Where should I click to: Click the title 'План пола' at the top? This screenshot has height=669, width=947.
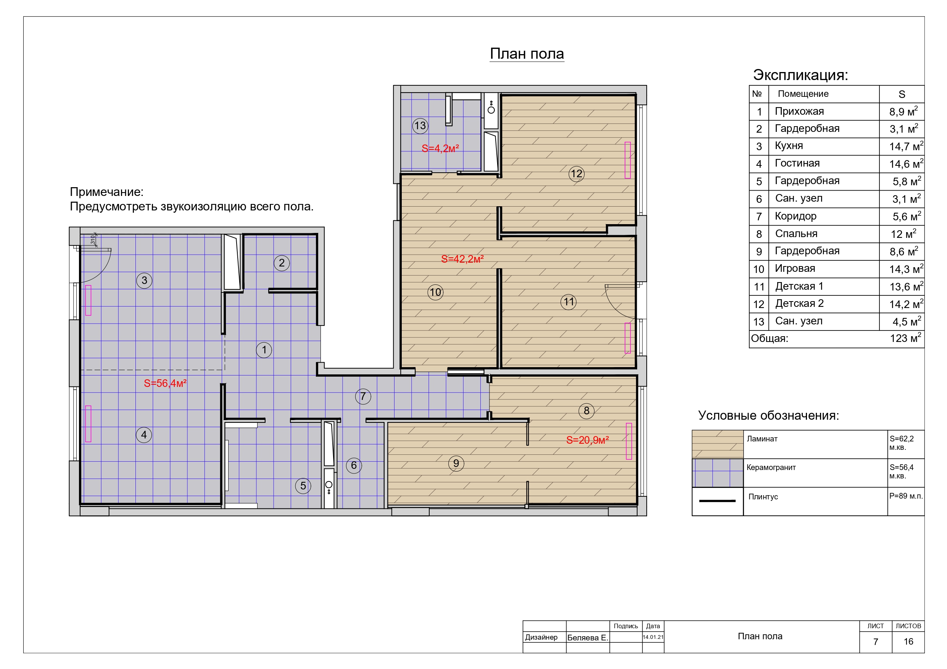(x=527, y=54)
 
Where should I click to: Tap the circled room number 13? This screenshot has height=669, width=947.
(x=420, y=126)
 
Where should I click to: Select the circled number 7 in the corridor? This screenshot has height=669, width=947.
(x=363, y=396)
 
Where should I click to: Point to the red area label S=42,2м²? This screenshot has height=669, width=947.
(x=462, y=259)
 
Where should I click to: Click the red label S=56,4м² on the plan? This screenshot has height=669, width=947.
(x=165, y=383)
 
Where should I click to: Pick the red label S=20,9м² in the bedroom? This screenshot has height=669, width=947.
(x=587, y=440)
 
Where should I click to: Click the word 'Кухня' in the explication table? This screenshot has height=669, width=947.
(x=789, y=146)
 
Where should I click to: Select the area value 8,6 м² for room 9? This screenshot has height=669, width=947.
(x=904, y=251)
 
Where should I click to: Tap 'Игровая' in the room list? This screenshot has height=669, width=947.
(x=795, y=268)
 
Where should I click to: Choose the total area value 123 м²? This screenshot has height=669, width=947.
(x=905, y=338)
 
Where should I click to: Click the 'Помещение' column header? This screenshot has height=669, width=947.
(x=803, y=94)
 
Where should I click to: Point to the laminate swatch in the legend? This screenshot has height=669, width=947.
(x=717, y=444)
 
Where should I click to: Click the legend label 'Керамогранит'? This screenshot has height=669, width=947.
(x=771, y=467)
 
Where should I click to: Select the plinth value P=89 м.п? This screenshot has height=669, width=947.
(x=906, y=496)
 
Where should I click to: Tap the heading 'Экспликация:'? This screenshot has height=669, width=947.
(x=800, y=75)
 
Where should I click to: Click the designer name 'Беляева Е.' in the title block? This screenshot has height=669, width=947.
(x=588, y=638)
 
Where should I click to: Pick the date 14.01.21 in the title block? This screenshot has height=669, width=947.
(x=653, y=637)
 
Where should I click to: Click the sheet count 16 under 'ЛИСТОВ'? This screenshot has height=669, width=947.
(x=908, y=642)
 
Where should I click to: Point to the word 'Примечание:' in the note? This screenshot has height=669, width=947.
(x=106, y=192)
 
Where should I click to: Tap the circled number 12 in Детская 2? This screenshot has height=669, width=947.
(x=576, y=173)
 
